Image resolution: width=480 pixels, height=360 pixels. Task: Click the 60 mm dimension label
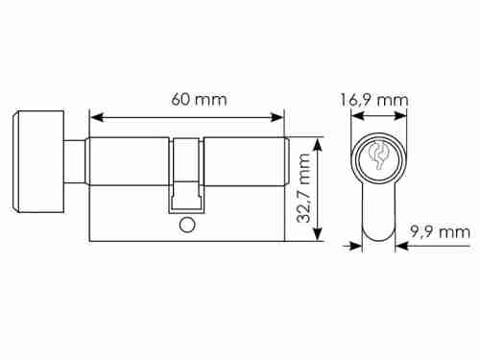[x=199, y=99]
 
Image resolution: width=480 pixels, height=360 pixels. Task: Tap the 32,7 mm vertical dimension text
[x=303, y=188]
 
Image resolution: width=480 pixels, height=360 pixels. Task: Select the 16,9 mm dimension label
[x=374, y=100]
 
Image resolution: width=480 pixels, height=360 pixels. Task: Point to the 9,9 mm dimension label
[x=441, y=231]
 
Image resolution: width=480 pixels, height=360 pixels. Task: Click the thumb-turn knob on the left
[x=38, y=161]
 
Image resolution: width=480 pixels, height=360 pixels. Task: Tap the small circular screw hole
[x=187, y=226]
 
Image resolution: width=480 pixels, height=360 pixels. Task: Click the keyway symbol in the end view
[x=378, y=156]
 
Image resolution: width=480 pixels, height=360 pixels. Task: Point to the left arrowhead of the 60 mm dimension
[x=97, y=117]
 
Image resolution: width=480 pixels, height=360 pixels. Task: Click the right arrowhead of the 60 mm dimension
[x=276, y=117]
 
